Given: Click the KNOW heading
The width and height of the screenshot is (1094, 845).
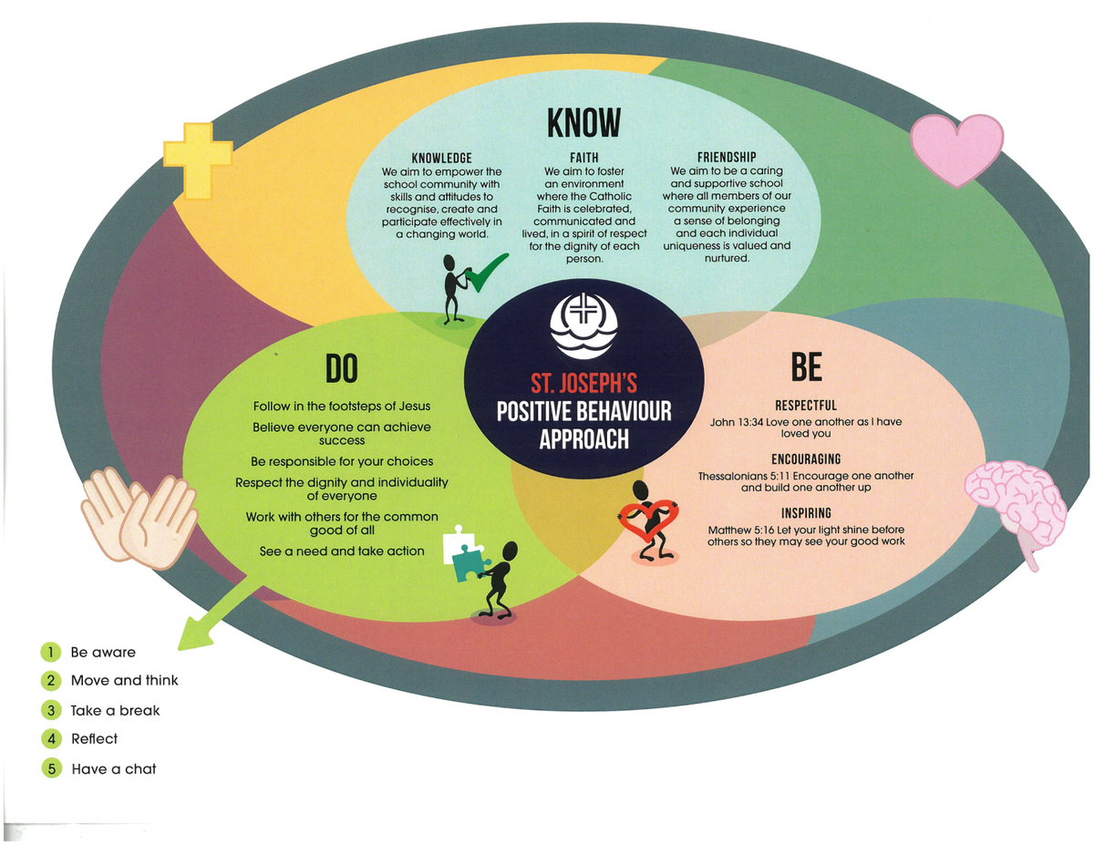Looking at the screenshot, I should [x=583, y=122].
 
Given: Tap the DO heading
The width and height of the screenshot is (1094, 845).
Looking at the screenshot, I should [x=342, y=367].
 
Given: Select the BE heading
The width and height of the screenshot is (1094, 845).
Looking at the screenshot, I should [x=806, y=367].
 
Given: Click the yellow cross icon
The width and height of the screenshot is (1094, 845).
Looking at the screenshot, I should [x=197, y=160].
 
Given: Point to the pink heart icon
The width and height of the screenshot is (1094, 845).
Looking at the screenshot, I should [x=956, y=149].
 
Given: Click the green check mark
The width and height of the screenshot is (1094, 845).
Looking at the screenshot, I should [x=484, y=273].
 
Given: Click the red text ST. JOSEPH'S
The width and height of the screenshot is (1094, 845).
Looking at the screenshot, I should [x=583, y=382].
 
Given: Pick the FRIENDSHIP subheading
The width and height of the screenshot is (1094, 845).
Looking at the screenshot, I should [x=727, y=158].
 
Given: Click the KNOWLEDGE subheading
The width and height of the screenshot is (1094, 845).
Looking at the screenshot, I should [x=441, y=158].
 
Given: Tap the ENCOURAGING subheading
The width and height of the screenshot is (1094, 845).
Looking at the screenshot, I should [x=806, y=459].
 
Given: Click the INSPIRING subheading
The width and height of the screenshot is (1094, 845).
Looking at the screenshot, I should [x=806, y=513].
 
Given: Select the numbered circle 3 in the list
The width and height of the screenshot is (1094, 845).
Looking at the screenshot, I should [x=52, y=710].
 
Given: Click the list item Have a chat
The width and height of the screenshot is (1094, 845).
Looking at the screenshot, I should [x=114, y=768].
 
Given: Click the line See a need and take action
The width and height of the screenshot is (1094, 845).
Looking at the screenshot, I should [x=342, y=551].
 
